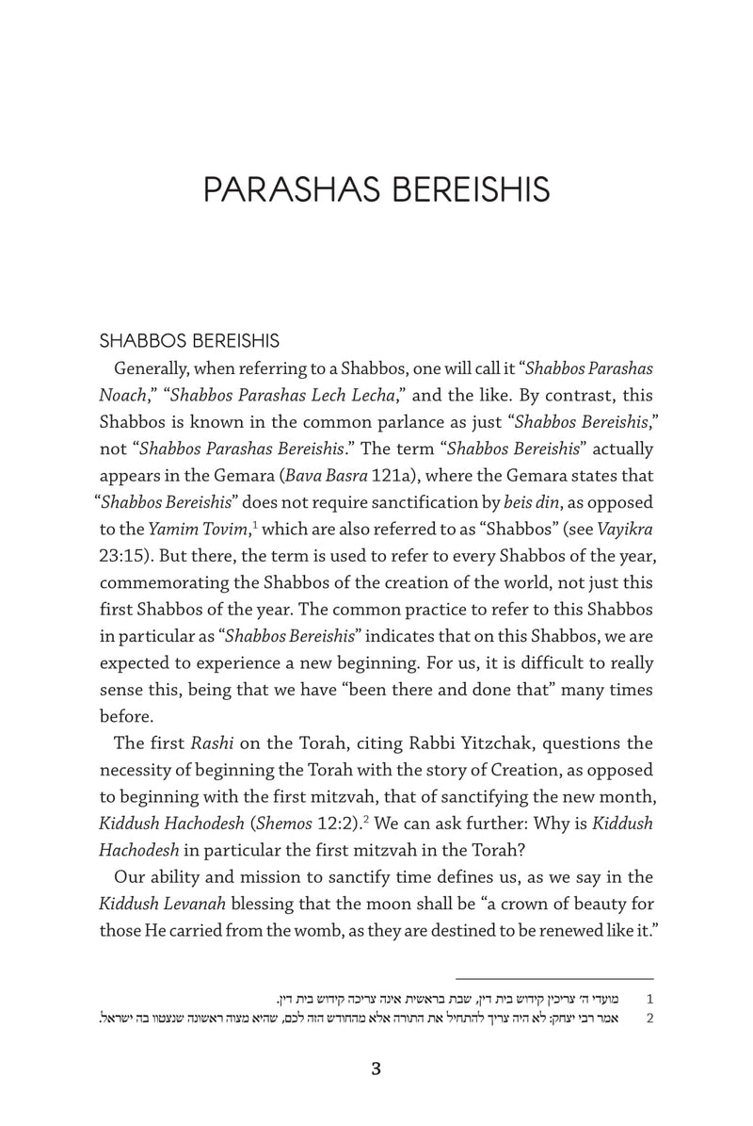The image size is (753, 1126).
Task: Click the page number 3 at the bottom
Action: pyautogui.click(x=376, y=1069)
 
